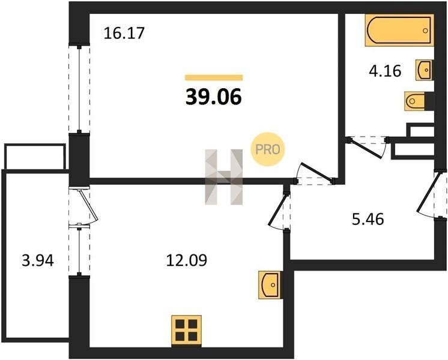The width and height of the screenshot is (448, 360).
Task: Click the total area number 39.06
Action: coord(214,97)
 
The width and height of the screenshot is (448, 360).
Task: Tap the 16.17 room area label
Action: coord(124,33)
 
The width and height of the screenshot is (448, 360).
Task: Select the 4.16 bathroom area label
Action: coord(385,71)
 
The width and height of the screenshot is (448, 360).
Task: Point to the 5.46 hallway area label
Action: coord(368,219)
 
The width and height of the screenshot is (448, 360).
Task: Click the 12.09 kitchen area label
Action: coord(187,260)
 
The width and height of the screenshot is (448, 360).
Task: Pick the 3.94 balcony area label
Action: coord(38,260)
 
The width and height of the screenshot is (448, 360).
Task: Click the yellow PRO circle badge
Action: coord(268,149)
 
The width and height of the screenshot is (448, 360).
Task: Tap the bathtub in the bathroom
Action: coord(399,30)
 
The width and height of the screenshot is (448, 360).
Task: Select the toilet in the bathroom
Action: coord(419,101)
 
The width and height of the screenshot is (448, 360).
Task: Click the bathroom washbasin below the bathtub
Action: coord(425,70)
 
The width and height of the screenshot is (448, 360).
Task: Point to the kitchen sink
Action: coord(270,285)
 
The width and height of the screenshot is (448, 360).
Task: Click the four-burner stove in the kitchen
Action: coord(186,331)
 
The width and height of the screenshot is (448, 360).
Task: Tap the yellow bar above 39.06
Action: coord(214,77)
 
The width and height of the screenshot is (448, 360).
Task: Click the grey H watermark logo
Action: coord(224,177)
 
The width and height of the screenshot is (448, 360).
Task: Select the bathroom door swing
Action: coord(368,148)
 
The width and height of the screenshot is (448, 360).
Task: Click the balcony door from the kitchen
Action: coord(83,206)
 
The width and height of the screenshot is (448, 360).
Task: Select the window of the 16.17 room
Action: coord(79,89)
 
